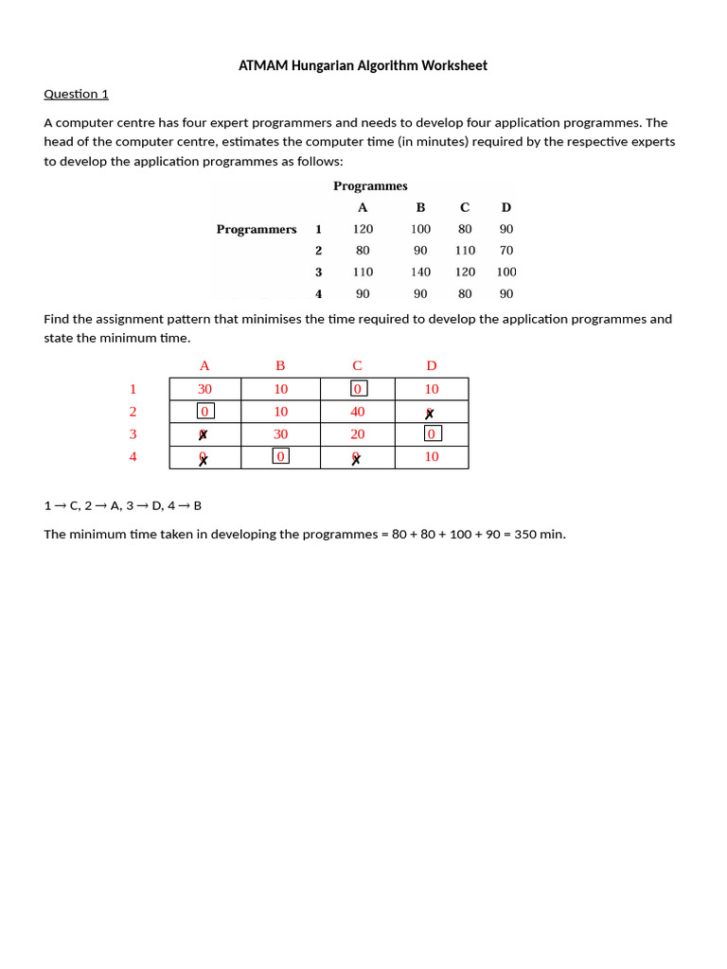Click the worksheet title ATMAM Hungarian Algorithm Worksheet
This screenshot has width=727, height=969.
pos(363,65)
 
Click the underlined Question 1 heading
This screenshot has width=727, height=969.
pos(77,94)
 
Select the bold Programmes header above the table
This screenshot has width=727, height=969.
pos(370,185)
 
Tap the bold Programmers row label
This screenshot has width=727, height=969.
pos(256,229)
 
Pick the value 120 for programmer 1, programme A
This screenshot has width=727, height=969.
pos(363,229)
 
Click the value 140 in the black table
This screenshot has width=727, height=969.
pos(420,272)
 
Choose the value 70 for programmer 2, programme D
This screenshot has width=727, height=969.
pos(506,251)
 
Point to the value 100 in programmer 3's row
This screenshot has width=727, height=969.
pos(506,272)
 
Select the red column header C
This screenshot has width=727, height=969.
pos(357,366)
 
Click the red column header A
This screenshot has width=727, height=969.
pos(204,366)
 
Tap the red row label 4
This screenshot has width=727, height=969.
pos(133,457)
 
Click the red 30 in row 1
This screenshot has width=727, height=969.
pos(204,389)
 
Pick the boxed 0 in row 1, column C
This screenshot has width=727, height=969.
pos(358,389)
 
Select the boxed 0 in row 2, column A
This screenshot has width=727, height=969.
pos(204,412)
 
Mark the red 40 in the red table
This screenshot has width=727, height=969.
pos(358,412)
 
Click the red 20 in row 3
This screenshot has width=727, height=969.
pos(358,434)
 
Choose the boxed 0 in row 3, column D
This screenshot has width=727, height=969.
pos(432,434)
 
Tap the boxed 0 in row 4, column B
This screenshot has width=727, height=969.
pos(280,457)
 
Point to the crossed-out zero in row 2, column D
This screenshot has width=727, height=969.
pos(430,414)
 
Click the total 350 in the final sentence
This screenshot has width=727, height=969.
pos(525,535)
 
